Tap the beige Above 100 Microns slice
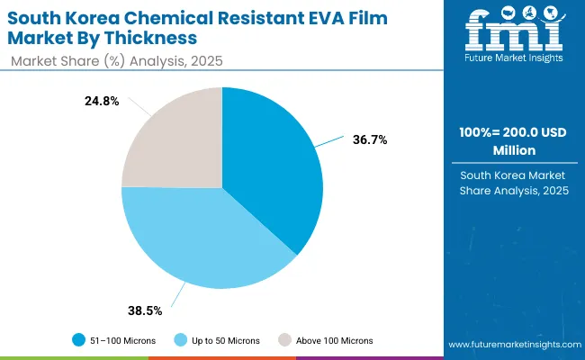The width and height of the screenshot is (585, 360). [x=175, y=139]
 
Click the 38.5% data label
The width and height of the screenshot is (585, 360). [x=145, y=310]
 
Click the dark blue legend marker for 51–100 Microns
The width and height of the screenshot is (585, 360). [x=79, y=340]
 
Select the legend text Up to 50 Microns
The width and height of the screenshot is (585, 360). [x=225, y=340]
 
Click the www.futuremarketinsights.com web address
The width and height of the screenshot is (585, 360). [x=510, y=346]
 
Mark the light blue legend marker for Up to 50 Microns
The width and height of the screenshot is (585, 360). [x=180, y=340]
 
